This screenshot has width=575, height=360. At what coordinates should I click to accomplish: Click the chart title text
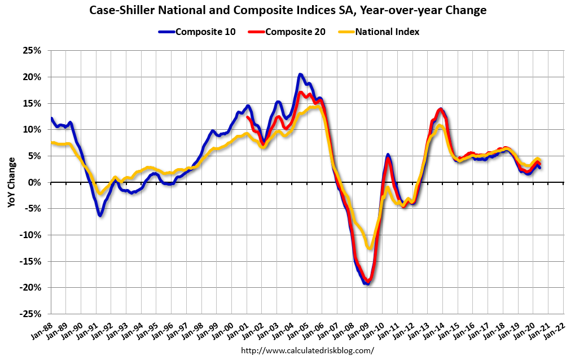(x=287, y=10)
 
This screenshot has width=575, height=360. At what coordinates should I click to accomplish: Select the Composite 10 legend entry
(x=201, y=32)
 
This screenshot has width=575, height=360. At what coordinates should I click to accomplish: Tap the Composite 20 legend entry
(x=291, y=32)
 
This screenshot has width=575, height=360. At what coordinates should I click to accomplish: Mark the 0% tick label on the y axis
(x=36, y=182)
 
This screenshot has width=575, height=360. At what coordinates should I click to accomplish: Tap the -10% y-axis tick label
(x=32, y=235)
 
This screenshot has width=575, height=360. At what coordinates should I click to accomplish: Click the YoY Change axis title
(x=11, y=182)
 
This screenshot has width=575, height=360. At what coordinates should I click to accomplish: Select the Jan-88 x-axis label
(x=43, y=329)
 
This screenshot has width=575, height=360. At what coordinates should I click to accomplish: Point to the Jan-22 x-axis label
(x=556, y=329)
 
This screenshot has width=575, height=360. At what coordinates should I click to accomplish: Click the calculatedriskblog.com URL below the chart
(x=308, y=350)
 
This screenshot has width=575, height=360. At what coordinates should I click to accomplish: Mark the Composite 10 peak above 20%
(x=300, y=74)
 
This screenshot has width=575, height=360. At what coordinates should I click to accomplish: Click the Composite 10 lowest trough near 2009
(x=367, y=283)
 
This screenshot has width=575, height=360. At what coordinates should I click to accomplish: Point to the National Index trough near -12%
(x=370, y=248)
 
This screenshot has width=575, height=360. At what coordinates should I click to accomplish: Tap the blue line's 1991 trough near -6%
(x=100, y=215)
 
